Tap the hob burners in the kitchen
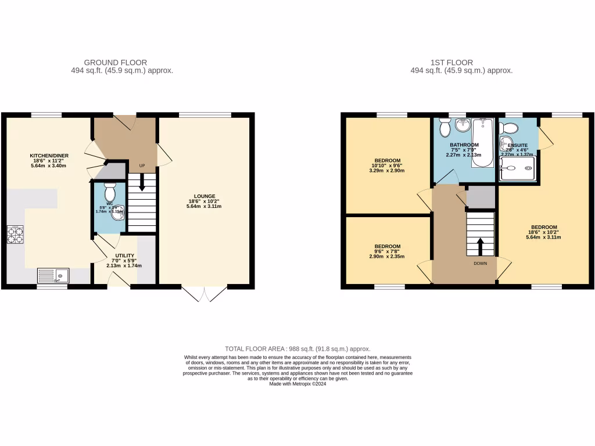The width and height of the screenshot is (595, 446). coord(15,234)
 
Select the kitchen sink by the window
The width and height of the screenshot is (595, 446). coord(52,275)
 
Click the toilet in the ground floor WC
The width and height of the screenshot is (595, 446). coord(109,191)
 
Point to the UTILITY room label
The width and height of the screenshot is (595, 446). coord(124,256)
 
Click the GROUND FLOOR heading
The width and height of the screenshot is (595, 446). coord(115,62)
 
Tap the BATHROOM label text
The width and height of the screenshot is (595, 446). coord(464,145)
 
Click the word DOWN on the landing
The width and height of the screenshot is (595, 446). coord(480,263)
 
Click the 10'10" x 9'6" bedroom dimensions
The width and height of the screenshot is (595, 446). coord(386,166)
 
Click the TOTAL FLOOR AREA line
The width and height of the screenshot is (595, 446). coord(297,348)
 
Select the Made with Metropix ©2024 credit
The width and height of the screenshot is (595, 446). coord(297,383)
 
